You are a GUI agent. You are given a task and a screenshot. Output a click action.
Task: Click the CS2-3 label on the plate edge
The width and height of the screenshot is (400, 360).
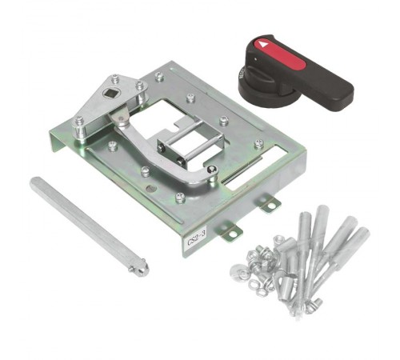(x=196, y=238)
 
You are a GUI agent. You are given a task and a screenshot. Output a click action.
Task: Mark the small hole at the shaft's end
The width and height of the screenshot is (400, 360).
(x=141, y=268)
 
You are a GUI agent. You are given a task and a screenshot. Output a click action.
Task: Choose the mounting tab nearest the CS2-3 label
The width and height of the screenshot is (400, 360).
(x=230, y=232)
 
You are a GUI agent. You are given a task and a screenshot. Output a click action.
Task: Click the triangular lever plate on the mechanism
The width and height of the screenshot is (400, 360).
(x=112, y=100)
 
